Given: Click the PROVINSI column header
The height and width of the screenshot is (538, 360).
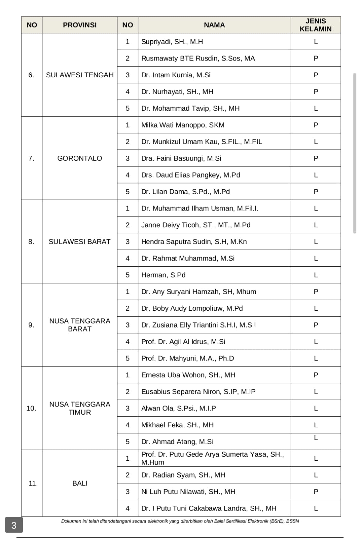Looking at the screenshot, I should pyautogui.click(x=79, y=25).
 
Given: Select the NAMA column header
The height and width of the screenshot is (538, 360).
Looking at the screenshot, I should pyautogui.click(x=214, y=25).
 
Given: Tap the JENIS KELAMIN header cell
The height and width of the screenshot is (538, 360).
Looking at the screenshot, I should pyautogui.click(x=315, y=25).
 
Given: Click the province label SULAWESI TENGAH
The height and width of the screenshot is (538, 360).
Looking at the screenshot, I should pyautogui.click(x=80, y=75).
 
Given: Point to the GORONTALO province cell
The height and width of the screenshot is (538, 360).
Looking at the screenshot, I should pyautogui.click(x=79, y=158).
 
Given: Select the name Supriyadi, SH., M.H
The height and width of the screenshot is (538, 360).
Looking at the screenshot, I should pyautogui.click(x=172, y=42).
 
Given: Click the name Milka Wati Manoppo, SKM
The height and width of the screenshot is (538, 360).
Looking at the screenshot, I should pyautogui.click(x=183, y=125).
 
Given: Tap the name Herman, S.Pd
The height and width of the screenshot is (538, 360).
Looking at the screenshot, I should pyautogui.click(x=163, y=275).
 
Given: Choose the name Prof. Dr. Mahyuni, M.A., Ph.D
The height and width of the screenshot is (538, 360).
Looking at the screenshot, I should pyautogui.click(x=187, y=358).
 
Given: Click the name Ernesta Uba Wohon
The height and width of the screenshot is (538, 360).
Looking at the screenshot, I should pyautogui.click(x=188, y=375).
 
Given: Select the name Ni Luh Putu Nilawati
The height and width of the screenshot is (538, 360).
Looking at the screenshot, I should pyautogui.click(x=188, y=492).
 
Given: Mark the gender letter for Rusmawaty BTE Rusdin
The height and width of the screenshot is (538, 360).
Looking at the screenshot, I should pyautogui.click(x=316, y=59).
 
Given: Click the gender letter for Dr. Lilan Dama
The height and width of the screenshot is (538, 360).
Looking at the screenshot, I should pyautogui.click(x=316, y=192).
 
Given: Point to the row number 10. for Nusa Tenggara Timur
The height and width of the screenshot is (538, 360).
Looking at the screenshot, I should pyautogui.click(x=31, y=408).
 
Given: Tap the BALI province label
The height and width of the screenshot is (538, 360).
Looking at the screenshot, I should pyautogui.click(x=80, y=483).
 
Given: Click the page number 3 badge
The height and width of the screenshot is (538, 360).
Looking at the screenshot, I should pyautogui.click(x=14, y=525).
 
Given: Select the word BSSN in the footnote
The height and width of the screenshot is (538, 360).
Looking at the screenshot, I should pyautogui.click(x=292, y=521).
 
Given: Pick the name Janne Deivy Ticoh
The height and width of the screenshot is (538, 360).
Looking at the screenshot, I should pyautogui.click(x=195, y=225).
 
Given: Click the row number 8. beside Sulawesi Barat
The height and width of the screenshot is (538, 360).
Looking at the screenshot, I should pyautogui.click(x=31, y=242).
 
